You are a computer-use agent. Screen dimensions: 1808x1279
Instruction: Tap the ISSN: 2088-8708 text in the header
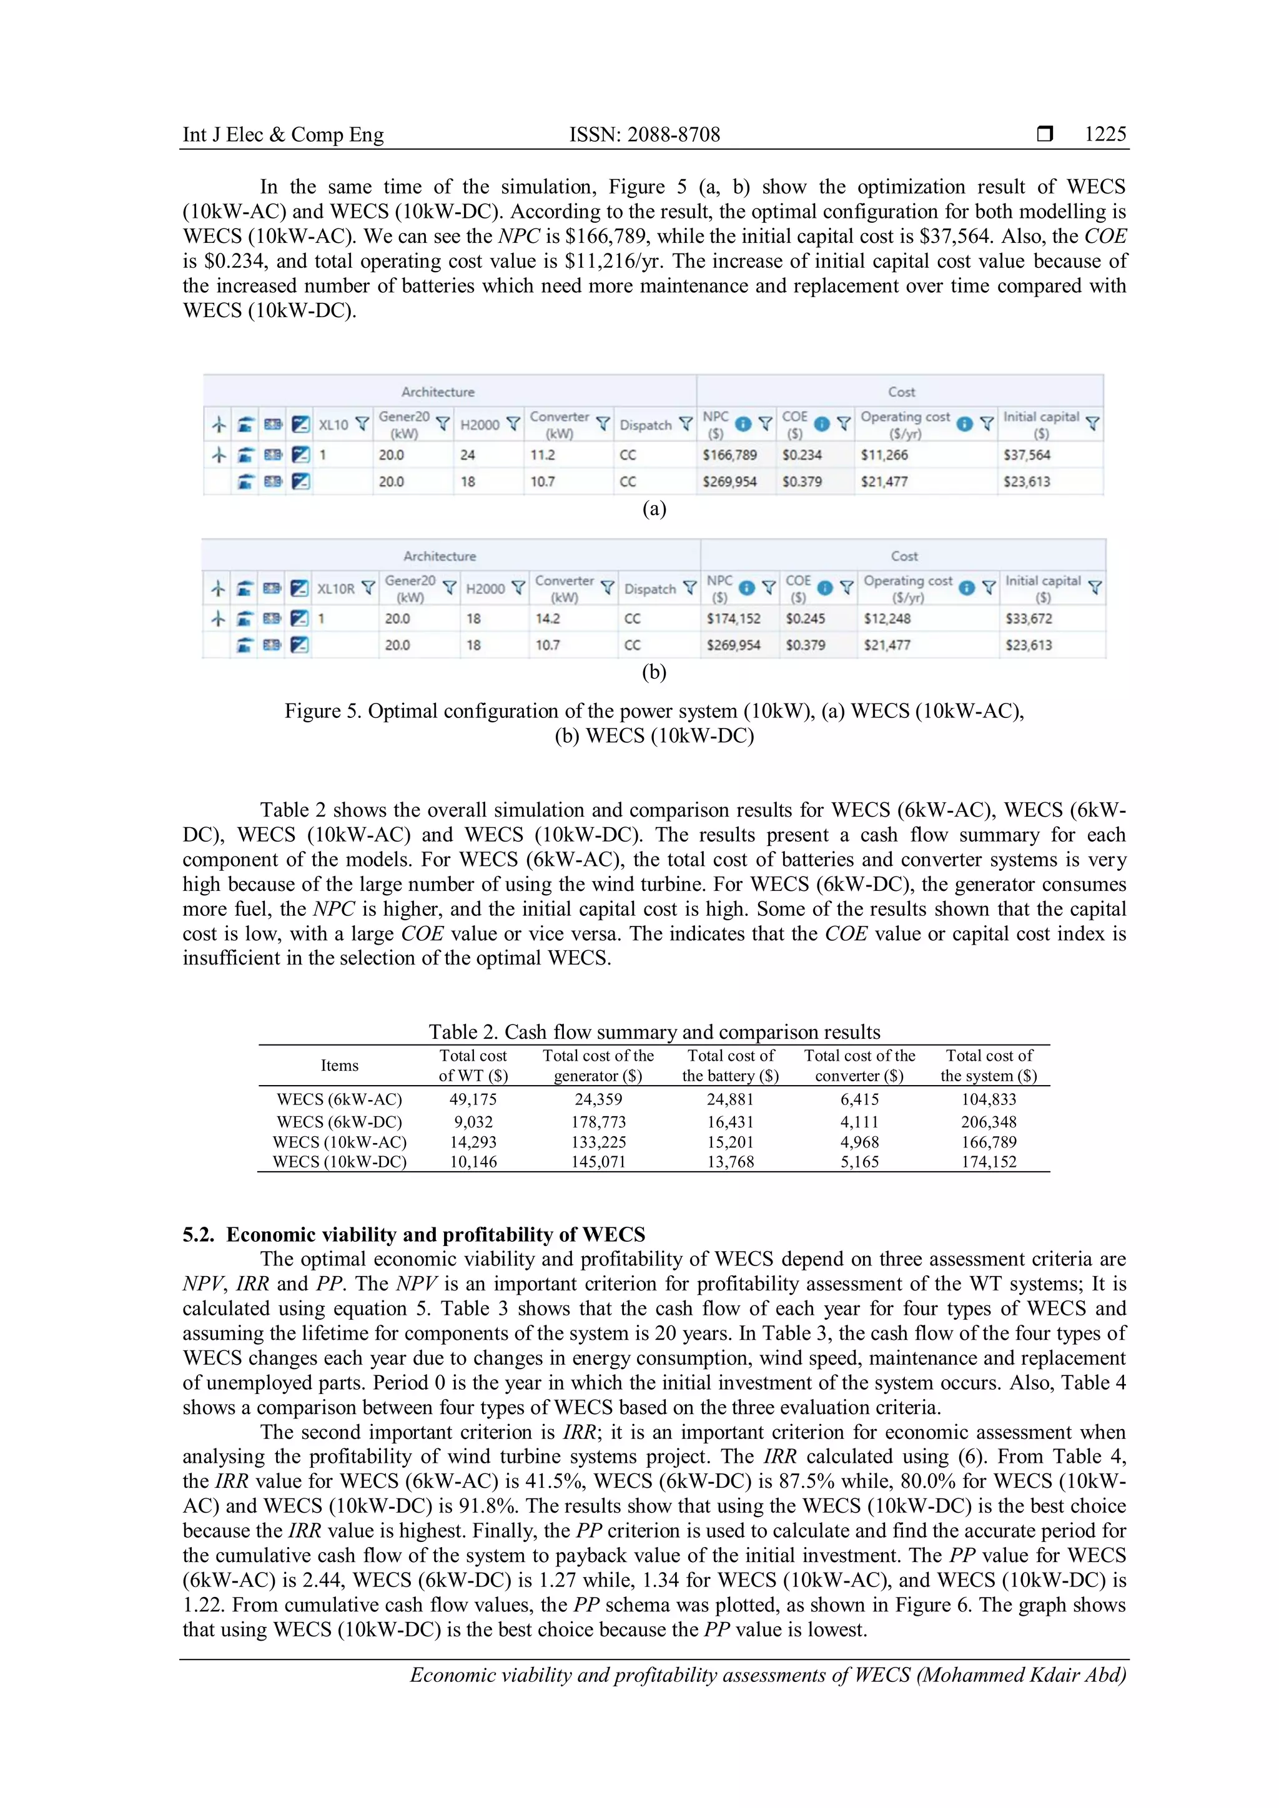pos(644,135)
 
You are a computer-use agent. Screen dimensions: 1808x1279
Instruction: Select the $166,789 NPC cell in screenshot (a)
pos(729,455)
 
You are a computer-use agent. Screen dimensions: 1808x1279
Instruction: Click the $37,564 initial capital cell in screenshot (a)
pos(1026,455)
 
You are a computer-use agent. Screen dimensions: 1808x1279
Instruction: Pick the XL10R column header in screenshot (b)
pos(336,588)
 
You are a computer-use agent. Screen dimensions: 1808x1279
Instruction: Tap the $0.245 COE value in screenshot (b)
pos(805,619)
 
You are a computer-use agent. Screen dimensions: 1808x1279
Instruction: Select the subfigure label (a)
pos(654,509)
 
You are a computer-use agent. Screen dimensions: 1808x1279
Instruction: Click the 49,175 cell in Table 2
pos(473,1099)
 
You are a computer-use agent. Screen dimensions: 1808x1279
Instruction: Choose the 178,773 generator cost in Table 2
pos(598,1122)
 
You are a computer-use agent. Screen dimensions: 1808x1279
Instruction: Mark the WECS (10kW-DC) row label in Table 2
pos(340,1162)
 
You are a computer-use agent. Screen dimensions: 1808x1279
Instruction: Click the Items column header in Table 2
pos(340,1066)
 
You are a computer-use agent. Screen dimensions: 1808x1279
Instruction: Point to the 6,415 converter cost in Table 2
pos(859,1099)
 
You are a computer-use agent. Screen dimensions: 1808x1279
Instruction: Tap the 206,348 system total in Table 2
pos(989,1122)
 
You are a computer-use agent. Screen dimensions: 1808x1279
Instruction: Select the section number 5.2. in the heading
pos(200,1235)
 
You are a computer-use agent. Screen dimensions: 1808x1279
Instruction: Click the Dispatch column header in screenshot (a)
pos(646,425)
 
